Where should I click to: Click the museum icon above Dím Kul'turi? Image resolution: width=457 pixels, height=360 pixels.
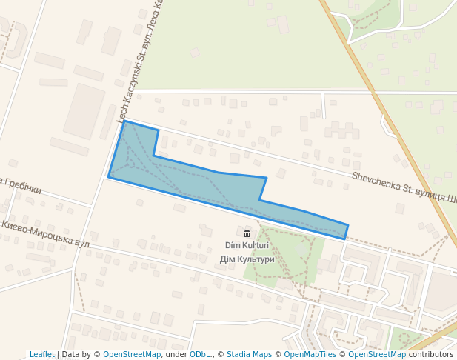[x=247, y=233]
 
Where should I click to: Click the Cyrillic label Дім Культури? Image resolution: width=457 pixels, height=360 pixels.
[x=247, y=259]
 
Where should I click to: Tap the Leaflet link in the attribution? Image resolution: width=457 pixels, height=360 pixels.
[x=42, y=354]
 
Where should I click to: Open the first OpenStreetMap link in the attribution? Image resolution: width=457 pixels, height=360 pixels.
[x=132, y=354]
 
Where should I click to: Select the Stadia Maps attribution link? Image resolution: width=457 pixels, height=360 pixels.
[x=249, y=354]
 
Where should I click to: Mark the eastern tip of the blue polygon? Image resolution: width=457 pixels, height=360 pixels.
[x=347, y=226]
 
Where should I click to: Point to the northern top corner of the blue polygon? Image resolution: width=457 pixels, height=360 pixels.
[x=124, y=121]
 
